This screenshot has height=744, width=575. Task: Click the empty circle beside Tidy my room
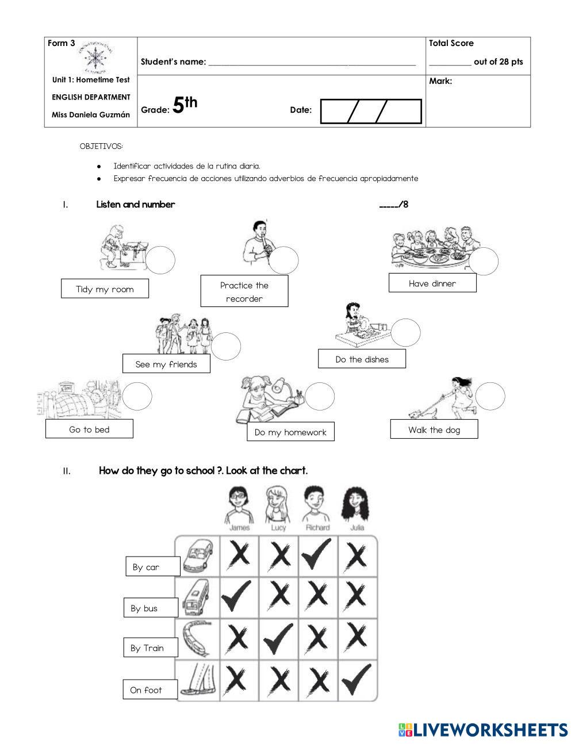(x=160, y=260)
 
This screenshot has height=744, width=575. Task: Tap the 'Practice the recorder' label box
(x=244, y=292)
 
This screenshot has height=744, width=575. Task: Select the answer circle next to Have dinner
(x=484, y=262)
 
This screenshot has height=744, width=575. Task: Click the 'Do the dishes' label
(x=362, y=359)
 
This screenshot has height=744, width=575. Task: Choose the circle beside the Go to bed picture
(x=137, y=396)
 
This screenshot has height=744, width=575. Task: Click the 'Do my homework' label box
(x=290, y=432)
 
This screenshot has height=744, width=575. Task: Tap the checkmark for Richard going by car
(x=317, y=555)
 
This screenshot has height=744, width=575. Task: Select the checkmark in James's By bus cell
(x=237, y=596)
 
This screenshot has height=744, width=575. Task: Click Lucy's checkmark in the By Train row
(x=278, y=638)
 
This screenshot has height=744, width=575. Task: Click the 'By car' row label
(x=152, y=566)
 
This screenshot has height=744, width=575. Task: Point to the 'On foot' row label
(x=150, y=690)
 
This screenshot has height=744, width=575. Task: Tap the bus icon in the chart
(x=196, y=598)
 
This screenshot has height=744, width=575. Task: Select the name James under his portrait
(x=239, y=527)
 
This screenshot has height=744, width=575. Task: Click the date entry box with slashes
(x=371, y=111)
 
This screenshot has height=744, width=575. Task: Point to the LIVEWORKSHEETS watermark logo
(x=482, y=730)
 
